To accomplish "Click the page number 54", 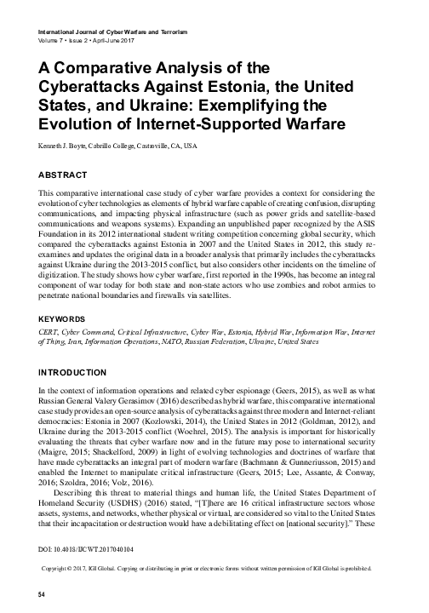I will tap(33, 592).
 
